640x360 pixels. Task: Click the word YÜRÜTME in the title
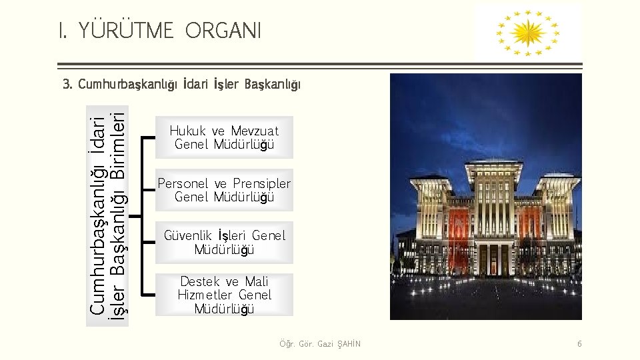127,30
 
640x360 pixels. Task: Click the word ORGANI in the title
223,30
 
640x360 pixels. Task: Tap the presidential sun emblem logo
527,31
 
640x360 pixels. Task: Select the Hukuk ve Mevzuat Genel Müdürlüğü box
224,137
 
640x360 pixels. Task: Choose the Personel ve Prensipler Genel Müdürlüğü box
224,190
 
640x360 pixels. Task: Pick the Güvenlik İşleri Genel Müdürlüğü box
224,243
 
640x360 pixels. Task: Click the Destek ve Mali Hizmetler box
224,295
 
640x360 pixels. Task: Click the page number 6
579,344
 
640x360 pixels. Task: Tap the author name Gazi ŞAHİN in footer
340,344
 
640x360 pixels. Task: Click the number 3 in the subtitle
66,85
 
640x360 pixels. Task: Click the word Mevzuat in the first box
255,131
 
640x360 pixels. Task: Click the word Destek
200,281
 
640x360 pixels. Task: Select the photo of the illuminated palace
485,197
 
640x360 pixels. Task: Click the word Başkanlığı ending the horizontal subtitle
273,85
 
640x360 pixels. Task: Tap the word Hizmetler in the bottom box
206,295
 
